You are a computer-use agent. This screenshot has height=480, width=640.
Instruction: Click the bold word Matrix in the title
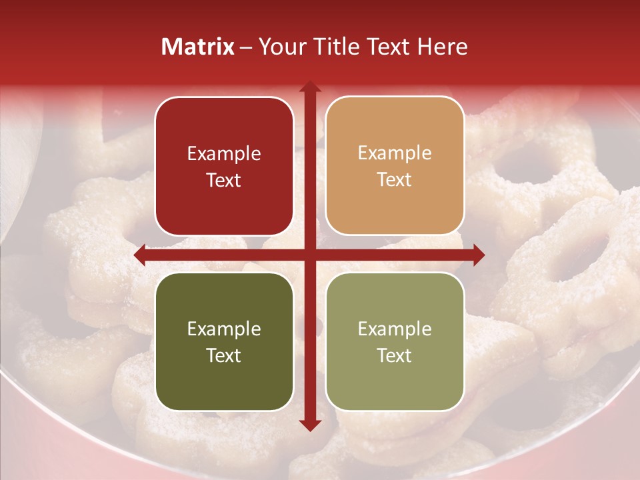tap(198, 47)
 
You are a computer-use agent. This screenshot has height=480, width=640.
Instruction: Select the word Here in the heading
tap(443, 47)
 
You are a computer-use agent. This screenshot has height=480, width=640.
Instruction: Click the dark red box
tap(224, 166)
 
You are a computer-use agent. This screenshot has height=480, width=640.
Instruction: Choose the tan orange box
tap(395, 166)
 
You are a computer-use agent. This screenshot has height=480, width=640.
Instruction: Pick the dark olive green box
tap(224, 341)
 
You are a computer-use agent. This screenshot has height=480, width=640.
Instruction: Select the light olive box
tap(395, 341)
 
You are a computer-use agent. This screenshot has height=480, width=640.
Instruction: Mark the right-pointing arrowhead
tap(479, 255)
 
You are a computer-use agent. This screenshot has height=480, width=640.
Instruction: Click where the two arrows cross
tap(309, 255)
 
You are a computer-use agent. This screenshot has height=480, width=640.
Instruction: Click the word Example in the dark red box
tap(224, 153)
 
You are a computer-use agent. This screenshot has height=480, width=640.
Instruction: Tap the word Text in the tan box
tap(395, 180)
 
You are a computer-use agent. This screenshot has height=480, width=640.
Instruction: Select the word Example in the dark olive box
tap(224, 329)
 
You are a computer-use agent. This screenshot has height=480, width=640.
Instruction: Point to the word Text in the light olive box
tap(395, 355)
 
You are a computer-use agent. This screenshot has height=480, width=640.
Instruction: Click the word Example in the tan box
tap(395, 153)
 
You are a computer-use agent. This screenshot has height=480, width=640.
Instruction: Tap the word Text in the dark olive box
tap(224, 355)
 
